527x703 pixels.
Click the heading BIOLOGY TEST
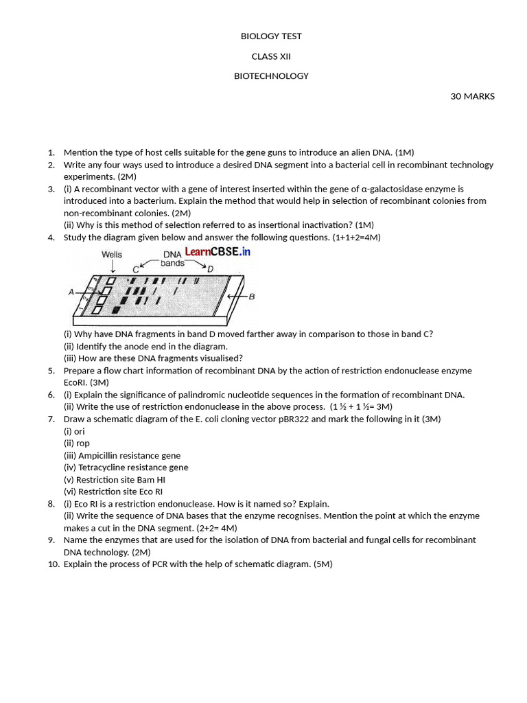271,36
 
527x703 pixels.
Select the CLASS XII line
271,56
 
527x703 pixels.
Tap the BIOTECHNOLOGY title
271,76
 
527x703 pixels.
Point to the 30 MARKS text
472,96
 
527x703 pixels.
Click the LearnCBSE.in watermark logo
218,252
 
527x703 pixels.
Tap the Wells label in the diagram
112,255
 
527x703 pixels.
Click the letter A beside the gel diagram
71,292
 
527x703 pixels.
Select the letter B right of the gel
252,297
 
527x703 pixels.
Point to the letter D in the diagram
210,268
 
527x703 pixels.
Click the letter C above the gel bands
136,270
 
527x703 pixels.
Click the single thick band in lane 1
116,311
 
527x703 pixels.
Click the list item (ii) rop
77,443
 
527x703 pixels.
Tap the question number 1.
51,152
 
